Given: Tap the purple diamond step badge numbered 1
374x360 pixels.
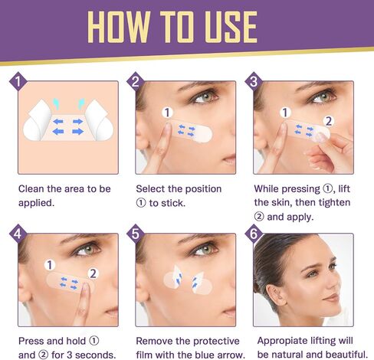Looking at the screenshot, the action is (x=18, y=81).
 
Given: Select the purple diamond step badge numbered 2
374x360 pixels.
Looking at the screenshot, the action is (x=136, y=81).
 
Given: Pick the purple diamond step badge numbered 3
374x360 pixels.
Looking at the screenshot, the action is (x=254, y=81).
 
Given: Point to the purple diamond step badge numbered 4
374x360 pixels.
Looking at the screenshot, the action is (x=18, y=234).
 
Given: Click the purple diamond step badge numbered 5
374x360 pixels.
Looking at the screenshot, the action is (x=136, y=234).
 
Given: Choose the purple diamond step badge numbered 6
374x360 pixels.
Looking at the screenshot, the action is (x=254, y=234).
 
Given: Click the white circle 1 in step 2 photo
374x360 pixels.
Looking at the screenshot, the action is (x=167, y=113).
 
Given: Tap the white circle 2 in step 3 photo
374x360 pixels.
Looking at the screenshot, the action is (x=329, y=121).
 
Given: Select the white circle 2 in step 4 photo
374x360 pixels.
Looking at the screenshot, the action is (x=93, y=273).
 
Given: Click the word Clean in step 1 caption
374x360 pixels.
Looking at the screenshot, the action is (x=31, y=189).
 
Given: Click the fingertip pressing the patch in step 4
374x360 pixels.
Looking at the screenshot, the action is (x=85, y=286).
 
